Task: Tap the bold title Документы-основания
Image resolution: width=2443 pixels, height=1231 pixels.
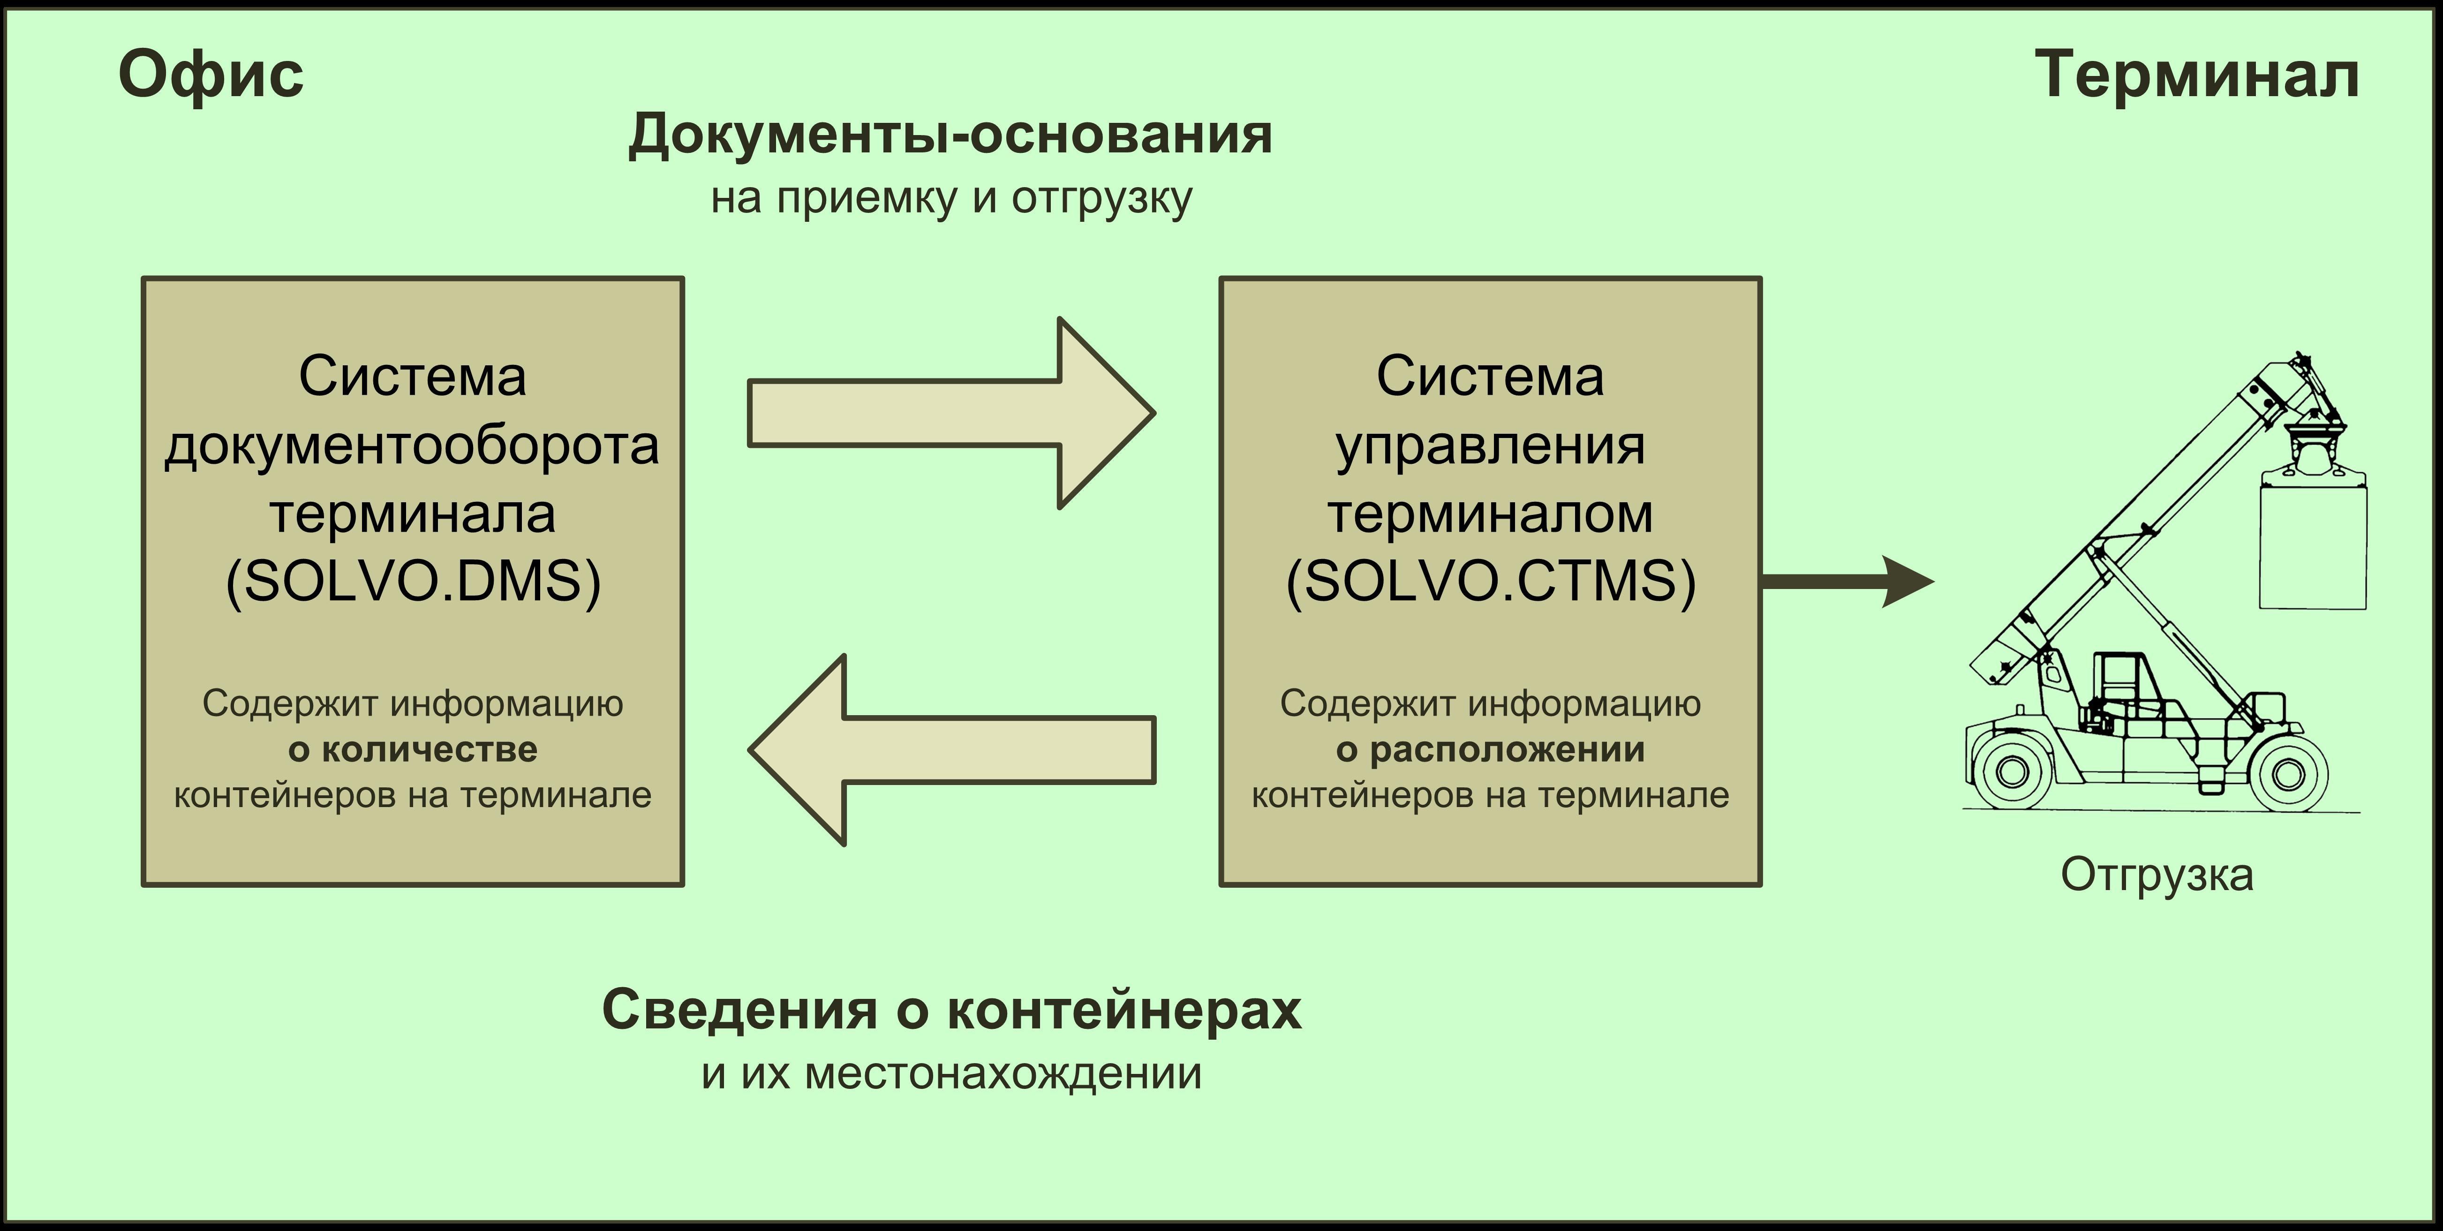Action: pos(950,135)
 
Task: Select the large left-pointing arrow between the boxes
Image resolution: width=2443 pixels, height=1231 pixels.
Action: pos(951,750)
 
